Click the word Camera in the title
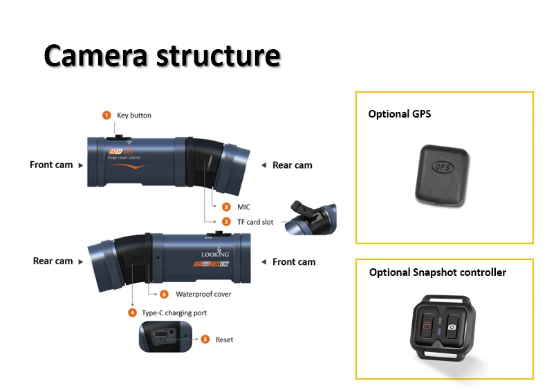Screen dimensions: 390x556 pyautogui.click(x=95, y=55)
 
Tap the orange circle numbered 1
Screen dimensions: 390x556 pyautogui.click(x=106, y=115)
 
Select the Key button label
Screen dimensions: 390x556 pyautogui.click(x=134, y=115)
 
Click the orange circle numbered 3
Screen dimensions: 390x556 pyautogui.click(x=226, y=207)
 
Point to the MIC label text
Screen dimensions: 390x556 pyautogui.click(x=244, y=207)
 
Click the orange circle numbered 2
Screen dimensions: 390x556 pyautogui.click(x=226, y=222)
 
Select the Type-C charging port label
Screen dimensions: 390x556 pyautogui.click(x=174, y=313)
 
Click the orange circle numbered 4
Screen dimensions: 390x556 pyautogui.click(x=132, y=313)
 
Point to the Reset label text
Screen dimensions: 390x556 pyautogui.click(x=224, y=340)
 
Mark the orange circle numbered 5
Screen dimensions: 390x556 pyautogui.click(x=205, y=340)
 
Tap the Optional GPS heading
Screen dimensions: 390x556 pyautogui.click(x=399, y=113)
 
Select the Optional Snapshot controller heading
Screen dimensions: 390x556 pyautogui.click(x=437, y=272)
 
